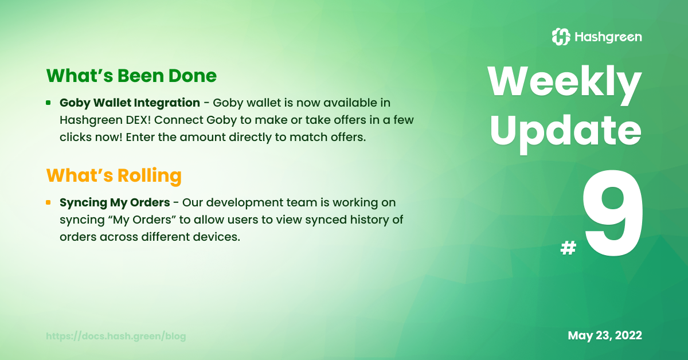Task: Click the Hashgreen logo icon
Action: point(561,37)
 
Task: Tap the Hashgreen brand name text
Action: point(608,37)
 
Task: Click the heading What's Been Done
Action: point(131,76)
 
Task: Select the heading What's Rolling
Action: point(114,176)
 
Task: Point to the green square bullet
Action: point(48,103)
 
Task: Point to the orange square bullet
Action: point(48,202)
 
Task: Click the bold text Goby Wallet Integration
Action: point(130,103)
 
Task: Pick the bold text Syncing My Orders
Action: point(115,203)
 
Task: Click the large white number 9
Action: point(613,213)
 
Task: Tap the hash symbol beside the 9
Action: point(568,248)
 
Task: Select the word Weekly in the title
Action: point(565,84)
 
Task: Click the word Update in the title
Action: point(566,132)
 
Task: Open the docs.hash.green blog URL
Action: point(116,336)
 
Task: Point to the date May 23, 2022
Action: point(605,335)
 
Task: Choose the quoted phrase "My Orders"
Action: point(142,220)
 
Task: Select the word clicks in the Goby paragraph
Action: point(76,137)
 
